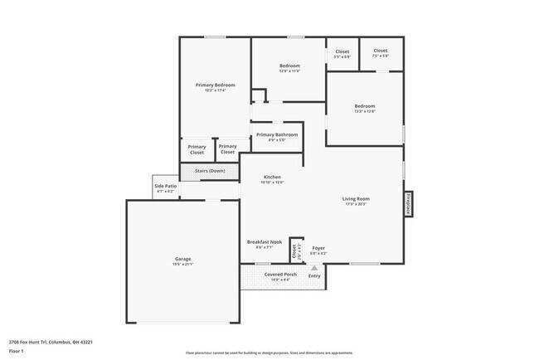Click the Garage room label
(182, 259)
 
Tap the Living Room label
(357, 198)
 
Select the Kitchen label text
(273, 178)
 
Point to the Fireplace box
(409, 204)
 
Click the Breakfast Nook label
(265, 242)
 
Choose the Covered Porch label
(280, 274)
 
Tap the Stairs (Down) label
(210, 171)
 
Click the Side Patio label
(165, 187)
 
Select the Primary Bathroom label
(277, 134)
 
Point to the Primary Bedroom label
(216, 85)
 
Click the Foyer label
(318, 248)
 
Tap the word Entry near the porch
(314, 275)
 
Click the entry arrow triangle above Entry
(314, 268)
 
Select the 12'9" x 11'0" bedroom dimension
(289, 71)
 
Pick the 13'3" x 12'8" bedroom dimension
(365, 111)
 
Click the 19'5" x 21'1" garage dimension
(182, 265)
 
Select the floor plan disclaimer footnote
(269, 352)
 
